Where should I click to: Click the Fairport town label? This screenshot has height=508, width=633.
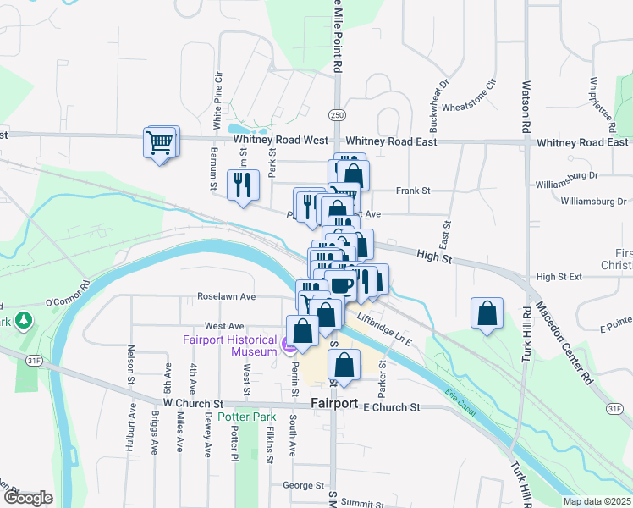tap(335, 403)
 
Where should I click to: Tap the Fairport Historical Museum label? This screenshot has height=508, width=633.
tap(229, 345)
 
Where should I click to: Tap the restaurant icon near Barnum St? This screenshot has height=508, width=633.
tap(244, 185)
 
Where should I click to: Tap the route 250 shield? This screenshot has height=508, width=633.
tap(338, 114)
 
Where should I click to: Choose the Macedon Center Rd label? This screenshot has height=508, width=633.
tap(575, 344)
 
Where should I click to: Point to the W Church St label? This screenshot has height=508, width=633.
tap(192, 403)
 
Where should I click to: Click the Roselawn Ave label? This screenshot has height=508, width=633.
tap(226, 297)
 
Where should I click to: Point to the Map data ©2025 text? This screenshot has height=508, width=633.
tap(597, 501)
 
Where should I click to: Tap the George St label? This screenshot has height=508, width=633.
tap(304, 486)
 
